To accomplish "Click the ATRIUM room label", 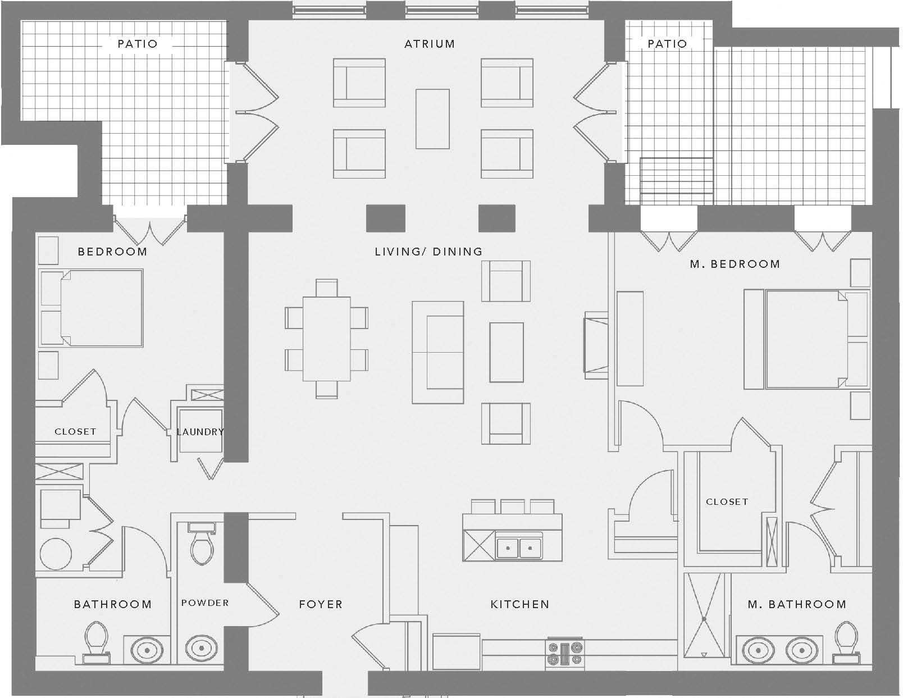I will (430, 44).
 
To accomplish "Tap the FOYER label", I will (321, 604).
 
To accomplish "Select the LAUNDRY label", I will (200, 432).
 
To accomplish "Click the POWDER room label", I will (205, 603).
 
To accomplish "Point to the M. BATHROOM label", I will (797, 604).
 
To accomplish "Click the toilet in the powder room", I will (202, 545).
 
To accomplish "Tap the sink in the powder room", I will (201, 649).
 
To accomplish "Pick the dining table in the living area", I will (327, 339).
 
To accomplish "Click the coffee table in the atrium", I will (432, 118).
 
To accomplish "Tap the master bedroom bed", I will (806, 339).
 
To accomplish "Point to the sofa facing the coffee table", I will (438, 352).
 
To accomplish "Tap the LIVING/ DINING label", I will (428, 252).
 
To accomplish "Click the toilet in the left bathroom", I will (96, 641).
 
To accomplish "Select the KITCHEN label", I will (519, 604).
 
